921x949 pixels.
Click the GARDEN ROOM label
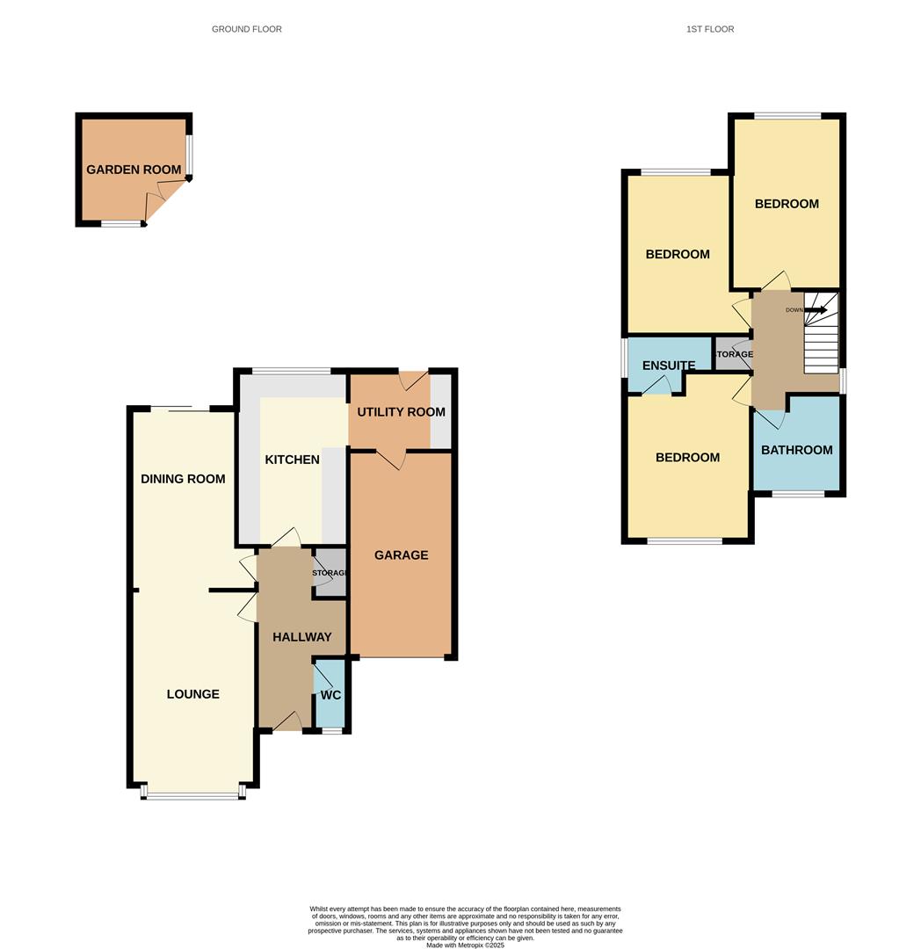click(134, 170)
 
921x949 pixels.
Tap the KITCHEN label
click(293, 460)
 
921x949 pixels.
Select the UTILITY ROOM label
click(401, 412)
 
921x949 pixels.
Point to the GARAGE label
click(402, 555)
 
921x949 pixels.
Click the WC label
click(330, 695)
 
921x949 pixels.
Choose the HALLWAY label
click(301, 637)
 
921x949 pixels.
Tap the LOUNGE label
click(193, 694)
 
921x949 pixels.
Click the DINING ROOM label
click(184, 479)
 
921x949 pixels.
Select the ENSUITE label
click(669, 366)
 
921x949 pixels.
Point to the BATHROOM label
click(797, 450)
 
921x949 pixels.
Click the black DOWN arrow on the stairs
click(816, 309)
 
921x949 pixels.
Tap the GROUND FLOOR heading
click(247, 29)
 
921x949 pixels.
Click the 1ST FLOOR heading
click(710, 29)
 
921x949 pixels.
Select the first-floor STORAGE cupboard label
click(733, 354)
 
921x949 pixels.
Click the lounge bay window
click(193, 796)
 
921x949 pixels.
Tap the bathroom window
click(798, 494)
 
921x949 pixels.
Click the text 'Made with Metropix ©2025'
click(465, 945)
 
